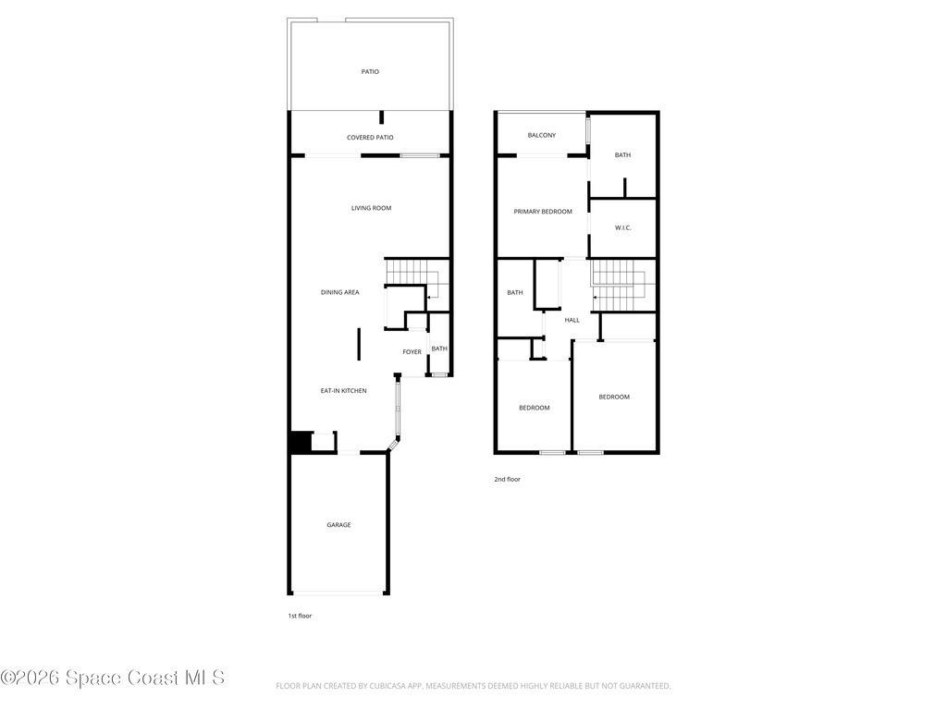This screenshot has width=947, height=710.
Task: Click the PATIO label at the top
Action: click(x=370, y=72)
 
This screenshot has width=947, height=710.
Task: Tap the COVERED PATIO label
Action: click(x=370, y=138)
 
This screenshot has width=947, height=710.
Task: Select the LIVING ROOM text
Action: click(x=372, y=208)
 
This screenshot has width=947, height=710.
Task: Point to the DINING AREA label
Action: click(x=340, y=292)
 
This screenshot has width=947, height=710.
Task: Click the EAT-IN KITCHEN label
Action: click(x=344, y=391)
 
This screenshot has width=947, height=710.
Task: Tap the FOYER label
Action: click(x=412, y=352)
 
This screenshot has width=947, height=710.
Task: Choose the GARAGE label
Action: click(x=338, y=525)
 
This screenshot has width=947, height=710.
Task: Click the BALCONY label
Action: click(x=542, y=135)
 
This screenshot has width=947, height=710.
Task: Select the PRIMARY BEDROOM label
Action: click(x=543, y=212)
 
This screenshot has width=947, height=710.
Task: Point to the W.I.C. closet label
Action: click(x=623, y=227)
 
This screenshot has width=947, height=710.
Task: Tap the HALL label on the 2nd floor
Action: click(x=572, y=320)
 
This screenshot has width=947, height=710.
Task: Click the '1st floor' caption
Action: click(x=300, y=616)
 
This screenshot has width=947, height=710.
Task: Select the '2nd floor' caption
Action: click(x=508, y=480)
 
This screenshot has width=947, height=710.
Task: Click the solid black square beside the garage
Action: click(x=301, y=442)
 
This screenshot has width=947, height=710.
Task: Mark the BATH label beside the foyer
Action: click(x=439, y=349)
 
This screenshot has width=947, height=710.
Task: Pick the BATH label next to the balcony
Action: click(x=622, y=155)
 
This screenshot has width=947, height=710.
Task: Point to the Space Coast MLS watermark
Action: click(x=112, y=678)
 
